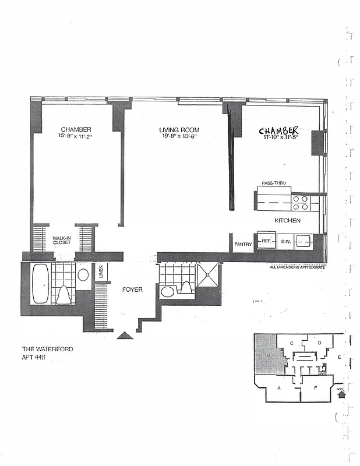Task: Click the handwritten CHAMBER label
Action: pyautogui.click(x=280, y=130)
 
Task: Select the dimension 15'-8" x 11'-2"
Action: pyautogui.click(x=76, y=136)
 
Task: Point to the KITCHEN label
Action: pyautogui.click(x=288, y=221)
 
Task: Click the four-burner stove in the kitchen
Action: pyautogui.click(x=301, y=202)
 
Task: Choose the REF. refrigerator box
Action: pyautogui.click(x=266, y=241)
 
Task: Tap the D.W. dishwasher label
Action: pyautogui.click(x=285, y=241)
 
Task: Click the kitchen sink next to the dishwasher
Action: pyautogui.click(x=303, y=241)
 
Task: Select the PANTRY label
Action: pyautogui.click(x=243, y=244)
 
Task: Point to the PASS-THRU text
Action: pyautogui.click(x=273, y=183)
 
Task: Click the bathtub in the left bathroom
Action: pyautogui.click(x=41, y=284)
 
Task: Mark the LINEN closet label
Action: pyautogui.click(x=101, y=271)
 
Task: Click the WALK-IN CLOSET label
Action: pyautogui.click(x=61, y=240)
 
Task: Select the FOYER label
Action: pyautogui.click(x=132, y=290)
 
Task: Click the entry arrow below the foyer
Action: pyautogui.click(x=125, y=336)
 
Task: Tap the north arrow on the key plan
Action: pyautogui.click(x=341, y=394)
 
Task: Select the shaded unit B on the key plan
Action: pyautogui.click(x=268, y=355)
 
